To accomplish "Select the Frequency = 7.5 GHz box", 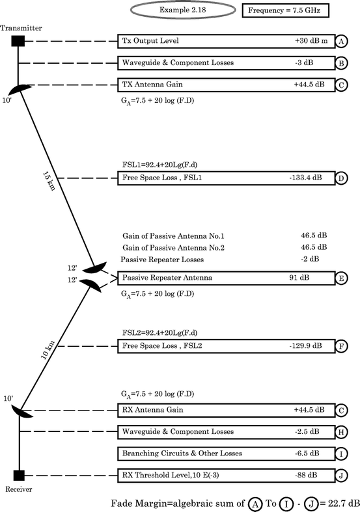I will point(284,11).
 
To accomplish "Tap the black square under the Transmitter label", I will point(18,42).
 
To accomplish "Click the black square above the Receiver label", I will point(18,474).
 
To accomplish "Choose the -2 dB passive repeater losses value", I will point(309,259).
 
